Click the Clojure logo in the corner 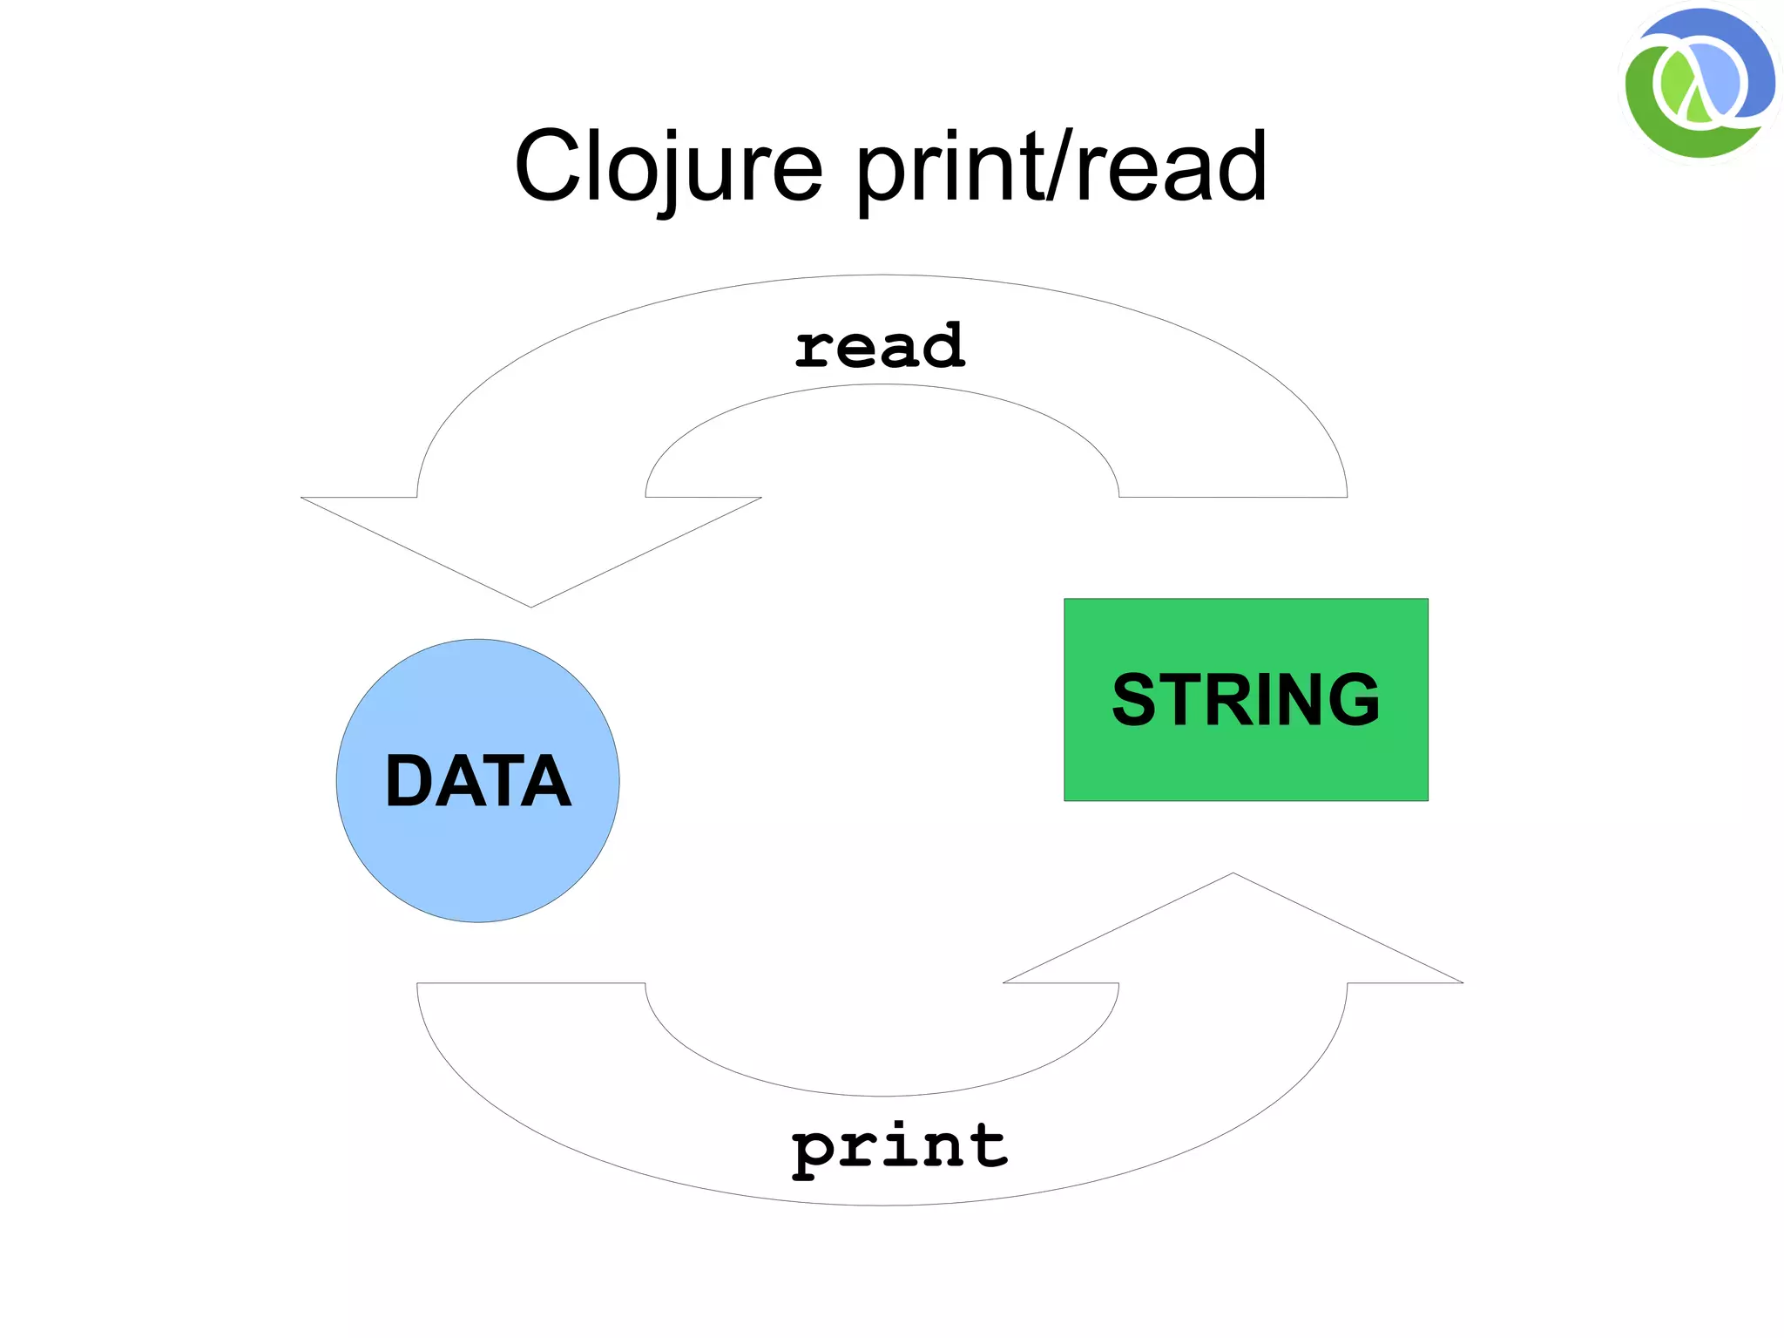(x=1699, y=84)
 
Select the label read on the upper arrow (x=880, y=345)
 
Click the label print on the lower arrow (x=899, y=1147)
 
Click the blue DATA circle (x=477, y=863)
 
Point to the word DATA (x=477, y=781)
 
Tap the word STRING (x=1246, y=699)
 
